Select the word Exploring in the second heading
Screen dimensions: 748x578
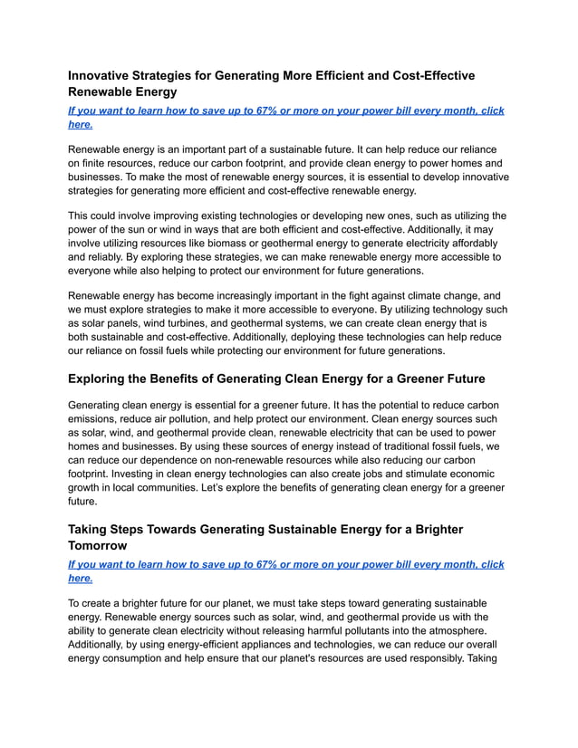(106, 379)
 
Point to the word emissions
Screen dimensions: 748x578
(100, 418)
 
